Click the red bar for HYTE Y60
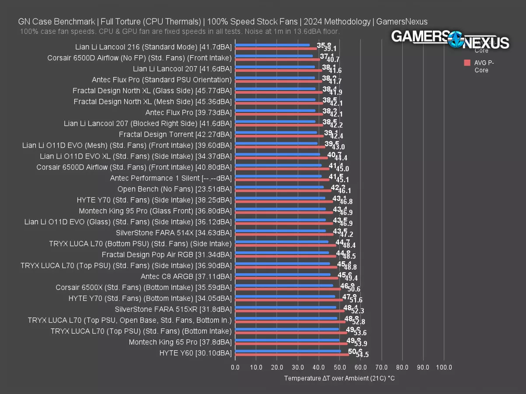tap(292, 355)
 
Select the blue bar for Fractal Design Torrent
tap(276, 132)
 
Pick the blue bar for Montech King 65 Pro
tap(287, 340)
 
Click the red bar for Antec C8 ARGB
tap(287, 278)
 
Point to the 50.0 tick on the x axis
tap(340, 367)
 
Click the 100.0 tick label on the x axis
tap(444, 367)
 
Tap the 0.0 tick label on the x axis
tap(235, 367)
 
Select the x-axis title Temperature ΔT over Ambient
tap(339, 378)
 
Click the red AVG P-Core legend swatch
tap(467, 63)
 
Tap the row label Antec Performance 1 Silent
tap(171, 178)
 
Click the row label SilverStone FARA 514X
tap(174, 232)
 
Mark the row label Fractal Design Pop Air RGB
tap(167, 254)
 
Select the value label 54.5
tap(362, 355)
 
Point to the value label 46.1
tap(344, 191)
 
